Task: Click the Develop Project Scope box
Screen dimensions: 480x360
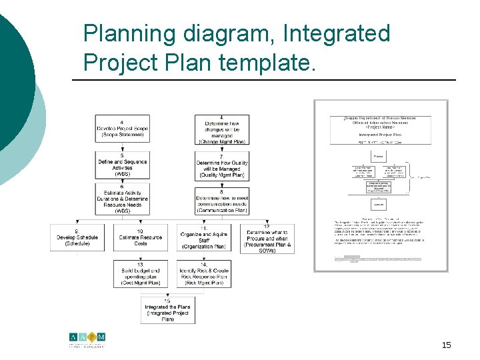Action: pos(122,129)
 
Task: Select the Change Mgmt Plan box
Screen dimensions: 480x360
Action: pos(223,129)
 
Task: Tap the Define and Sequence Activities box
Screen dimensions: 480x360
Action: pos(122,165)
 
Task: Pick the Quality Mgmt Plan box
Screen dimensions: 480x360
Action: pos(223,165)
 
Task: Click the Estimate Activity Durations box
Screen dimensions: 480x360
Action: pos(122,199)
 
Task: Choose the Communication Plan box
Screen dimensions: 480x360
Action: pos(223,199)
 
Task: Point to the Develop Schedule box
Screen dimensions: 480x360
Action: pos(77,237)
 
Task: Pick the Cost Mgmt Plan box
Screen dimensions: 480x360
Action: pos(140,274)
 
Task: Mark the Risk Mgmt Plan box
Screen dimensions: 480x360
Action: pos(204,274)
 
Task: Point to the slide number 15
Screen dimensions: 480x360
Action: pos(446,345)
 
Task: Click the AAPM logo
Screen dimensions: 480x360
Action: pos(87,340)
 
